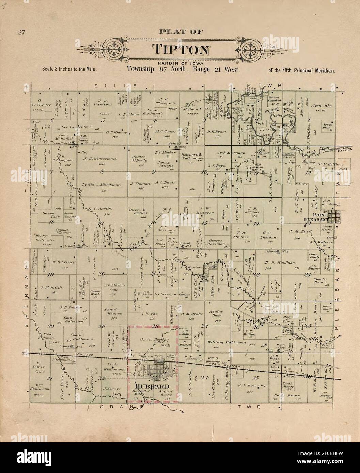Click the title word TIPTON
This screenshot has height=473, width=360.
pos(181,50)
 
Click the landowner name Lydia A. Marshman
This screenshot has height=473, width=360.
pos(101,185)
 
